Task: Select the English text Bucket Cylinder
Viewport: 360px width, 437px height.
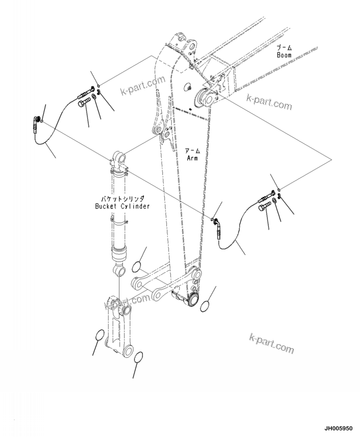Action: [122, 206]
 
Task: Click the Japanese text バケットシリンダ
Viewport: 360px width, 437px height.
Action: [122, 198]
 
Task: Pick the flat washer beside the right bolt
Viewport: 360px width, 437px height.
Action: [276, 201]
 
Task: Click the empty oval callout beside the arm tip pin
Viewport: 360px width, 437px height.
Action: [205, 306]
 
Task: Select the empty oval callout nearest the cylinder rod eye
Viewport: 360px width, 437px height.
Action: [138, 267]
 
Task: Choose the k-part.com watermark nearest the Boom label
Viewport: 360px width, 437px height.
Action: [269, 102]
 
